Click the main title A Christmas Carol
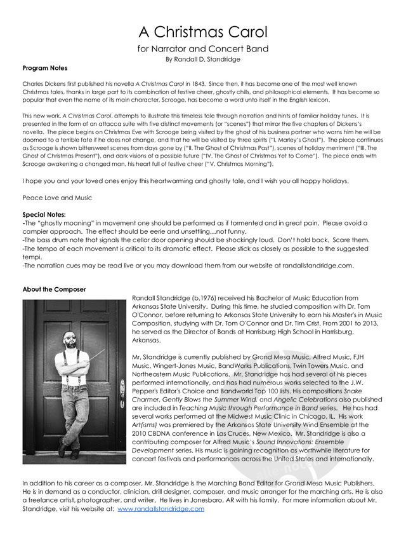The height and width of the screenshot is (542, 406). click(x=203, y=31)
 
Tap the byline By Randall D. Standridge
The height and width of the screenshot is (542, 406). click(x=203, y=59)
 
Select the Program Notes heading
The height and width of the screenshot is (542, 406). click(x=44, y=68)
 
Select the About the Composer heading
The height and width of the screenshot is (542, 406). click(x=54, y=290)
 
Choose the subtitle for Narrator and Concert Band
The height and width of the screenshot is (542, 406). click(x=203, y=48)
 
